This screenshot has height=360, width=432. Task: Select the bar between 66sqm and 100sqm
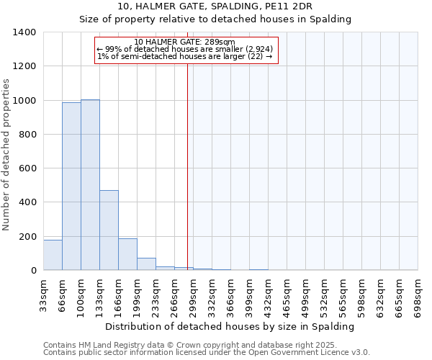pyautogui.click(x=71, y=186)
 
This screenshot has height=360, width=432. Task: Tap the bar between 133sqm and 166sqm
pyautogui.click(x=109, y=230)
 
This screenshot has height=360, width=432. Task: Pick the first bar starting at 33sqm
pyautogui.click(x=53, y=255)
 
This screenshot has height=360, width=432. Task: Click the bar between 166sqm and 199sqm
pyautogui.click(x=127, y=254)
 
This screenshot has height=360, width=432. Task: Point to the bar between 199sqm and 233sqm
pyautogui.click(x=146, y=264)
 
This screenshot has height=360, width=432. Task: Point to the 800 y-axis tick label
pyautogui.click(x=27, y=135)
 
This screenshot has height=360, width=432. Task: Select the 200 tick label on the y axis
pyautogui.click(x=27, y=237)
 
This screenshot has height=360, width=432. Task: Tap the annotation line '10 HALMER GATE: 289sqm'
pyautogui.click(x=185, y=42)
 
